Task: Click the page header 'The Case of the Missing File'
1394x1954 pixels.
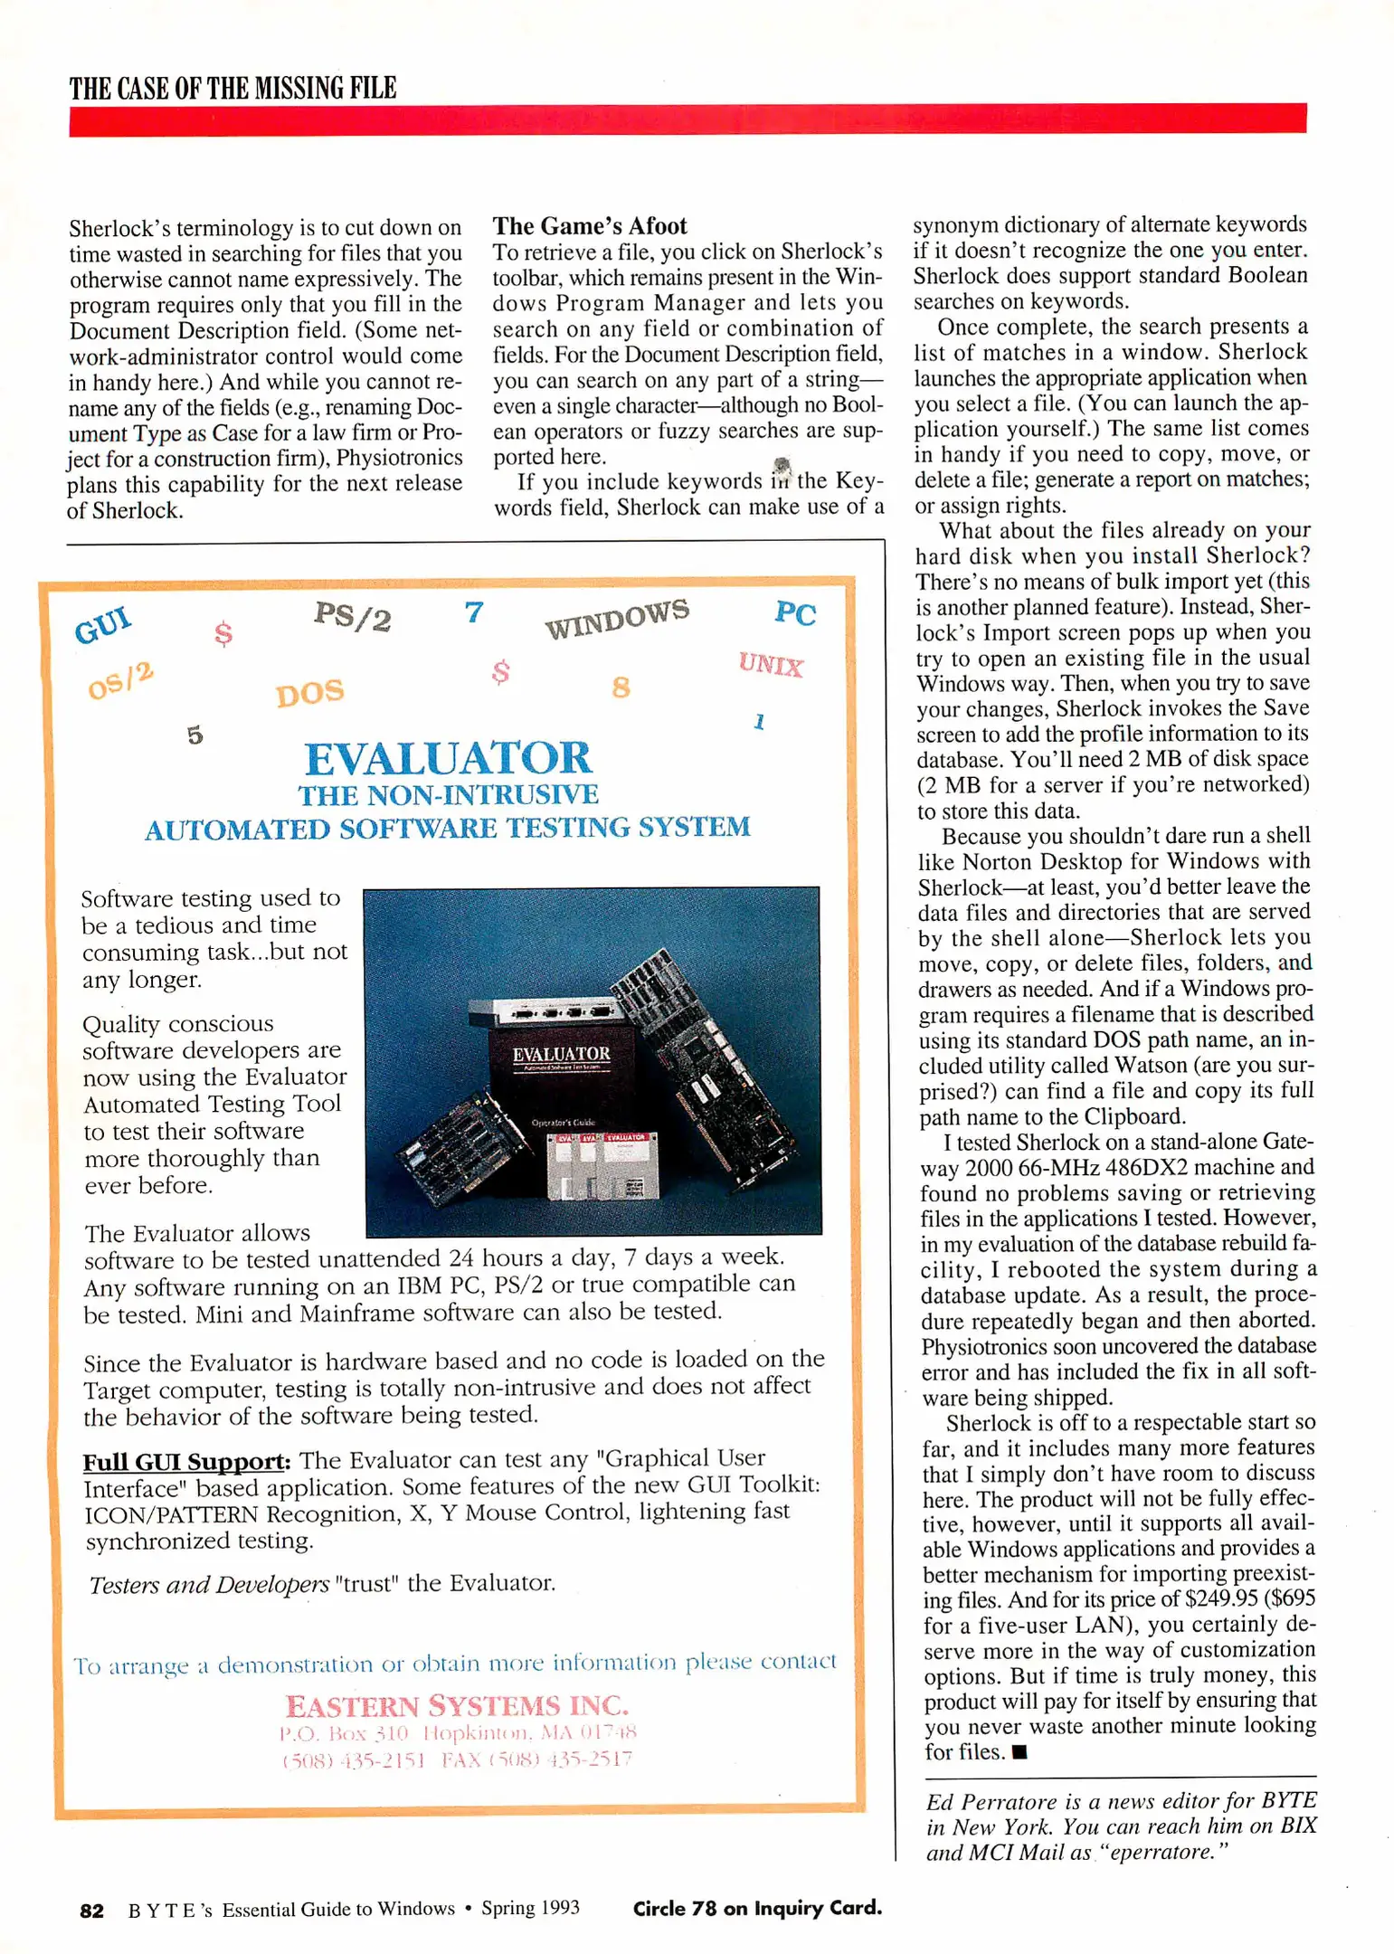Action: [232, 88]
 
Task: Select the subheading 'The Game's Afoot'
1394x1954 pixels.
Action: [589, 226]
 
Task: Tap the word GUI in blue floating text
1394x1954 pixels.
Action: [103, 624]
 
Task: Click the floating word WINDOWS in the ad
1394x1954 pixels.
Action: [616, 618]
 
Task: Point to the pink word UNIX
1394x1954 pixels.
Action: [770, 665]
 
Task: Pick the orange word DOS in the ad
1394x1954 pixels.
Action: [309, 693]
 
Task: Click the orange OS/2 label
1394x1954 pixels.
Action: [120, 680]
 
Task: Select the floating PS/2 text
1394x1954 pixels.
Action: [352, 617]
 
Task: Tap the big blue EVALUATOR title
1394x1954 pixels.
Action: [447, 758]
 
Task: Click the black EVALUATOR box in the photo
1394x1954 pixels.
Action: [561, 1067]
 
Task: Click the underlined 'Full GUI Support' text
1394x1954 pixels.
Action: [185, 1462]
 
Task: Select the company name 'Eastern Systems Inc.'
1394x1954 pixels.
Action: [457, 1706]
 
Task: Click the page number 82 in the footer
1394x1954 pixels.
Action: [91, 1910]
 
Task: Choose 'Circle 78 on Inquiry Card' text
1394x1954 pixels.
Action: [756, 1908]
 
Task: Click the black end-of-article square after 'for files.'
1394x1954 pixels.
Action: [1019, 1752]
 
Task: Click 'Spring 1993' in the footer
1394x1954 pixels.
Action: [530, 1908]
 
